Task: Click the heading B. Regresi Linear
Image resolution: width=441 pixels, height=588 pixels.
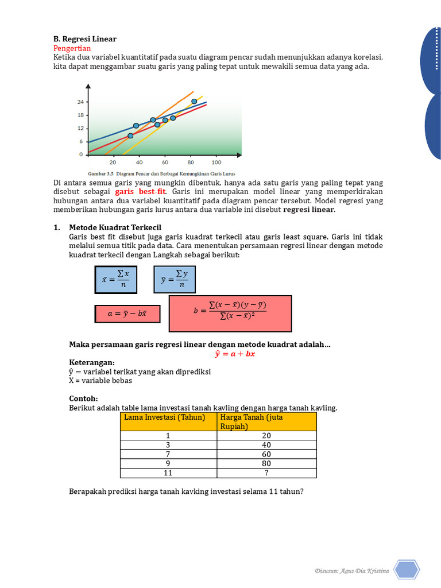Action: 85,39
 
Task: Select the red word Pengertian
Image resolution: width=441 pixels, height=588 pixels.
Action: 72,48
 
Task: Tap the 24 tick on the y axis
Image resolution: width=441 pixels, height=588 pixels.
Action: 80,102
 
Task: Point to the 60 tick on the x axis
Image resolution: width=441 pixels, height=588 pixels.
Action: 165,162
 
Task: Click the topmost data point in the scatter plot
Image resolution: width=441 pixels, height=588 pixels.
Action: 194,101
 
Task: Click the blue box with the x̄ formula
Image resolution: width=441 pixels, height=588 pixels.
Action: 116,280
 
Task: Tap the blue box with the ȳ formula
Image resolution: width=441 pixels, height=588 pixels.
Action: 175,279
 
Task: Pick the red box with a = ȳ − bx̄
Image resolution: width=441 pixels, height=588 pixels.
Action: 127,314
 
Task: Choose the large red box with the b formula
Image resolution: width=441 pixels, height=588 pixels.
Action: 230,314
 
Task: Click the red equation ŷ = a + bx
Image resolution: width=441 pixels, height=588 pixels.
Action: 234,354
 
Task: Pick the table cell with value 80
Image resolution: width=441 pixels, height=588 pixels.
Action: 266,463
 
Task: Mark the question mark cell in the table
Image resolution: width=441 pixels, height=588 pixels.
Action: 266,473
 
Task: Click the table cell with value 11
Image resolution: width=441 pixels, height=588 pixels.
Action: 168,473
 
